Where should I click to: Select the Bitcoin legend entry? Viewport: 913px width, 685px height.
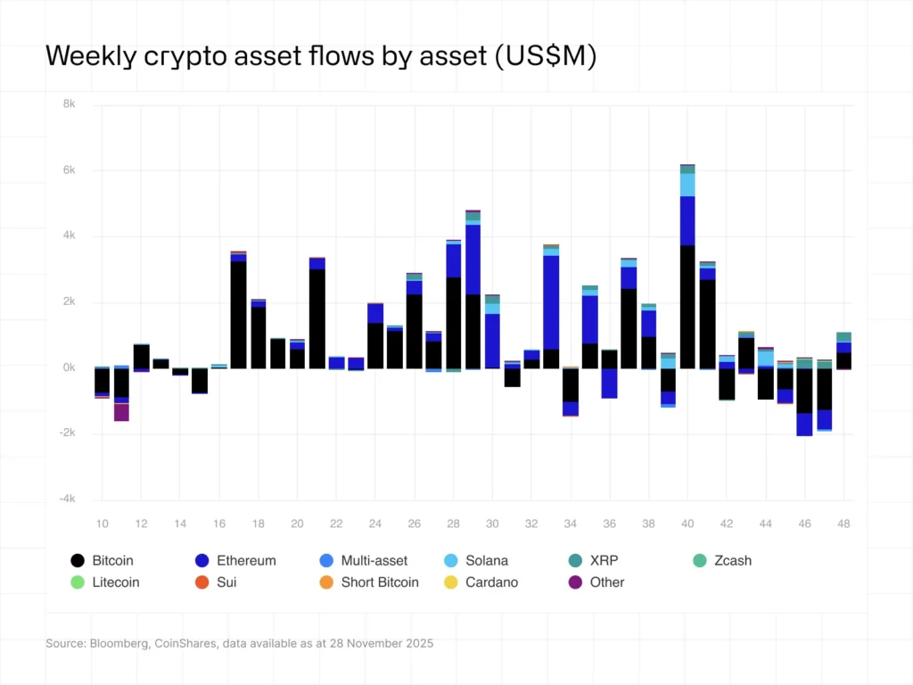(x=102, y=560)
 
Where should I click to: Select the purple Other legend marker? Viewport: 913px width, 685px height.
(x=575, y=582)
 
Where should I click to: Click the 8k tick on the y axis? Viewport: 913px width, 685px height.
(x=69, y=104)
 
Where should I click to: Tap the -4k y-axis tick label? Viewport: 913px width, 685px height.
(x=67, y=499)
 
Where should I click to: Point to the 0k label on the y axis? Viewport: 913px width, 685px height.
(x=69, y=367)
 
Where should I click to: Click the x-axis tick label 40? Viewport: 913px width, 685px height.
(x=687, y=524)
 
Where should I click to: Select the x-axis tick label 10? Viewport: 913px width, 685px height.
(x=103, y=524)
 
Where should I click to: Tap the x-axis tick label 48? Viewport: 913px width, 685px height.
(x=843, y=524)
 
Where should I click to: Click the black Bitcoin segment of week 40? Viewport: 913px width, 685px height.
(x=687, y=306)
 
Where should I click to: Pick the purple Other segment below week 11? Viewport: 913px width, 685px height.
(x=121, y=412)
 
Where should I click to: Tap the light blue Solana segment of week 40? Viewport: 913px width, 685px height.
(x=687, y=185)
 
